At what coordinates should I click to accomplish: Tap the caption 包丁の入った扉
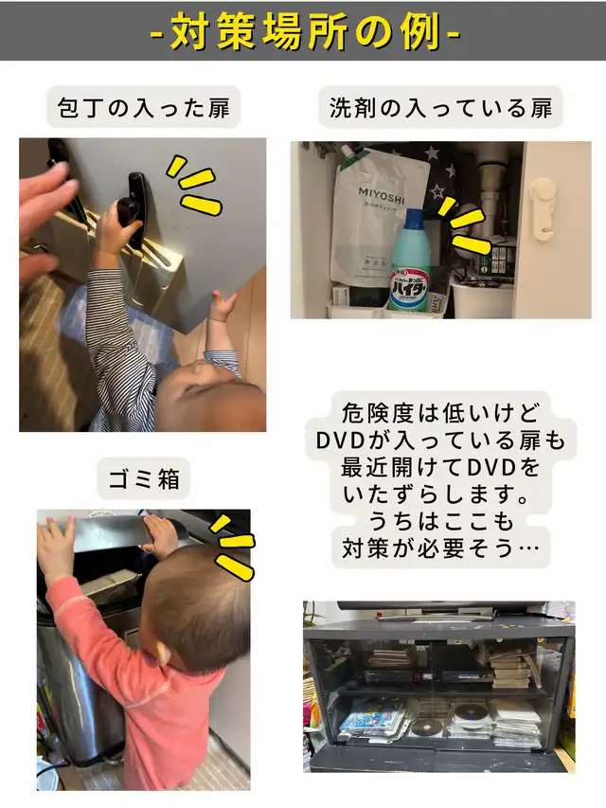click(144, 108)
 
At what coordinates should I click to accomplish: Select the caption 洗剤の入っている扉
click(440, 108)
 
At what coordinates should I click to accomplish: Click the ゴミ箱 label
click(144, 478)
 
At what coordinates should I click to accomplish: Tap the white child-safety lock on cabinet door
click(543, 207)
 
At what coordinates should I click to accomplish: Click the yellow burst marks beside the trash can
click(233, 547)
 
